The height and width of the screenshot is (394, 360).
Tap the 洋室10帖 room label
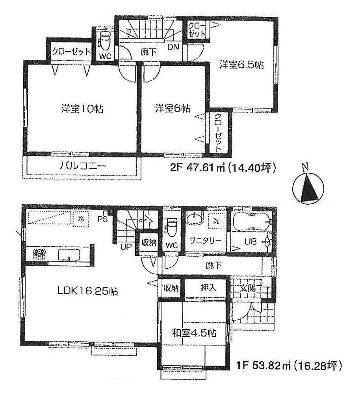tap(82, 109)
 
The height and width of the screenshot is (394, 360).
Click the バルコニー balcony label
tap(83, 166)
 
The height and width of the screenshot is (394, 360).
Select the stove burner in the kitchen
tap(40, 254)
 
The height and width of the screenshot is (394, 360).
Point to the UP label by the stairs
tap(126, 247)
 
